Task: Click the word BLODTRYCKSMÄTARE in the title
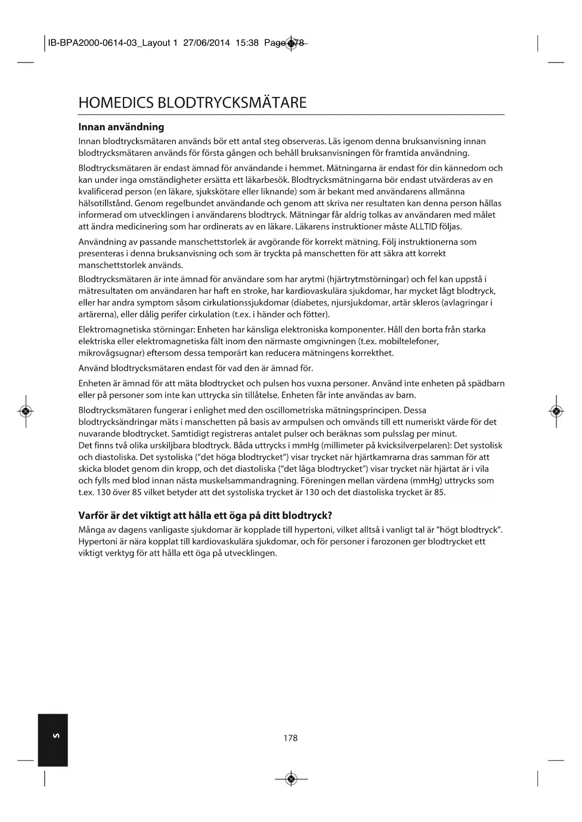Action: coord(233,103)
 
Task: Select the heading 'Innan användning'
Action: coord(121,127)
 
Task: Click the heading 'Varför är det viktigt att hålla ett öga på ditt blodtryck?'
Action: coord(205,516)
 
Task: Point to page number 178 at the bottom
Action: coord(291,738)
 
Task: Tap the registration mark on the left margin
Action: coord(26,411)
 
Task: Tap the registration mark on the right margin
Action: coord(556,411)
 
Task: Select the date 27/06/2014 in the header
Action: coord(206,43)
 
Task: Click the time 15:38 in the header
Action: coord(247,43)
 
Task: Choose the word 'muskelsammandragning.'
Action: coord(239,481)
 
